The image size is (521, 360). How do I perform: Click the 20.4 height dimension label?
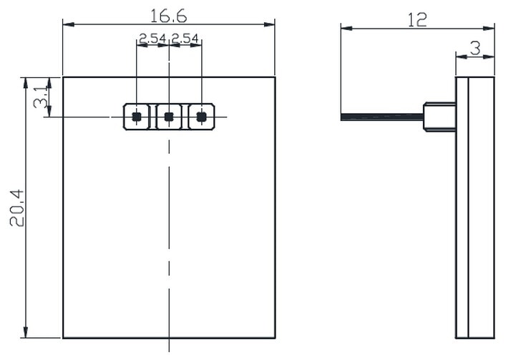point(16,208)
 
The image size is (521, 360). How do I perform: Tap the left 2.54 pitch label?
point(152,39)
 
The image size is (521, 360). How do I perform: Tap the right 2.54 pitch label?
point(185,39)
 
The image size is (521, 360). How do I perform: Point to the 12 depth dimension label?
point(417,19)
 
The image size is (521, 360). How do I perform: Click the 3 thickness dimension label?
point(474,48)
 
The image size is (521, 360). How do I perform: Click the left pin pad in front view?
point(136,117)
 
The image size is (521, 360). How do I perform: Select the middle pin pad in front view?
point(169,117)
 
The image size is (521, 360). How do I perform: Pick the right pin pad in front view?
point(201,117)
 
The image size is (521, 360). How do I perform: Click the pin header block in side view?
point(439,117)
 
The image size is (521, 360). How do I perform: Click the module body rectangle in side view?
point(475,215)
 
